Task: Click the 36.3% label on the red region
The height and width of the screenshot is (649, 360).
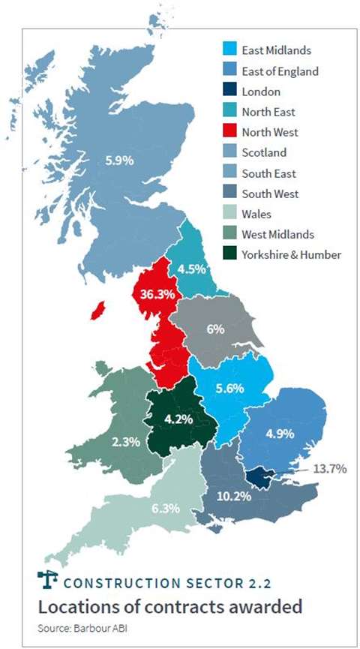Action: tap(154, 293)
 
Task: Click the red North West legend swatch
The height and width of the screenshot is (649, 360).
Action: tap(231, 132)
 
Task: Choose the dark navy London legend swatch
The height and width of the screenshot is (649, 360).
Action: tap(231, 92)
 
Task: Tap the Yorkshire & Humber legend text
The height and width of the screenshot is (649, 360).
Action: tap(291, 254)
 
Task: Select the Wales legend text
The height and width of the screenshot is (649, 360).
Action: tap(256, 214)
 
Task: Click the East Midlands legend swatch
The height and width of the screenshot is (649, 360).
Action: tap(231, 51)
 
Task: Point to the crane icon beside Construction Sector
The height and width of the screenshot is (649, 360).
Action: tap(47, 581)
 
